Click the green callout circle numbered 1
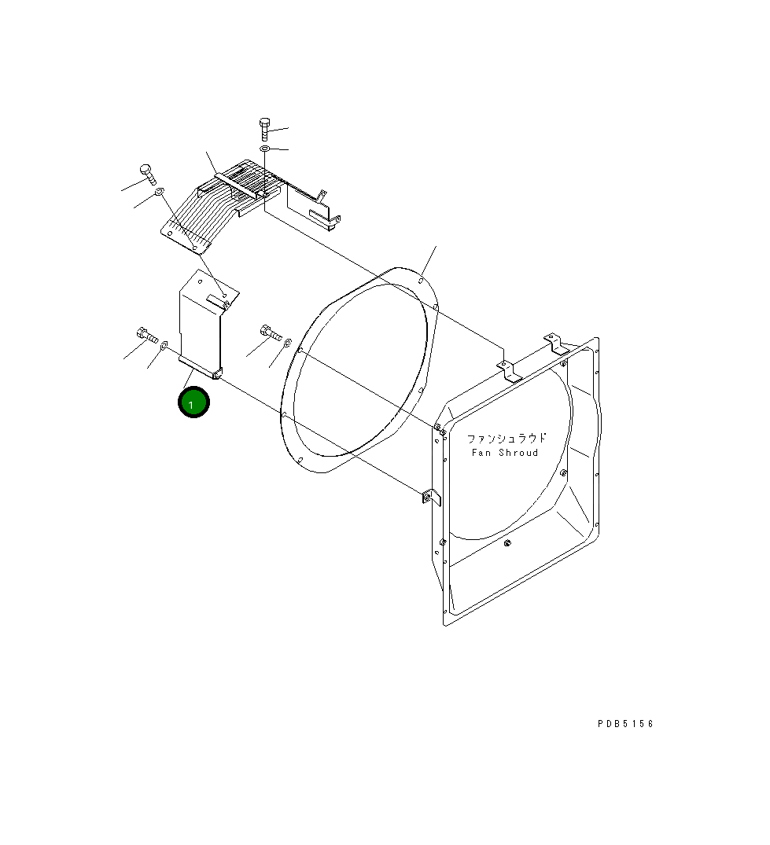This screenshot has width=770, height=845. (193, 402)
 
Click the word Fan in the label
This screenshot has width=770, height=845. (481, 453)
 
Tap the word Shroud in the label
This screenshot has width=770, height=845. (518, 453)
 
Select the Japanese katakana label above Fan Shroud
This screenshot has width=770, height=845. (507, 438)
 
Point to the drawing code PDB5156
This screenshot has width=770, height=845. (625, 724)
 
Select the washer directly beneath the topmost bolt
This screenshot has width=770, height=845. (265, 149)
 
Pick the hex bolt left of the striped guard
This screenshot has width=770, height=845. (147, 174)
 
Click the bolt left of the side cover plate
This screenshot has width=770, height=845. (147, 335)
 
